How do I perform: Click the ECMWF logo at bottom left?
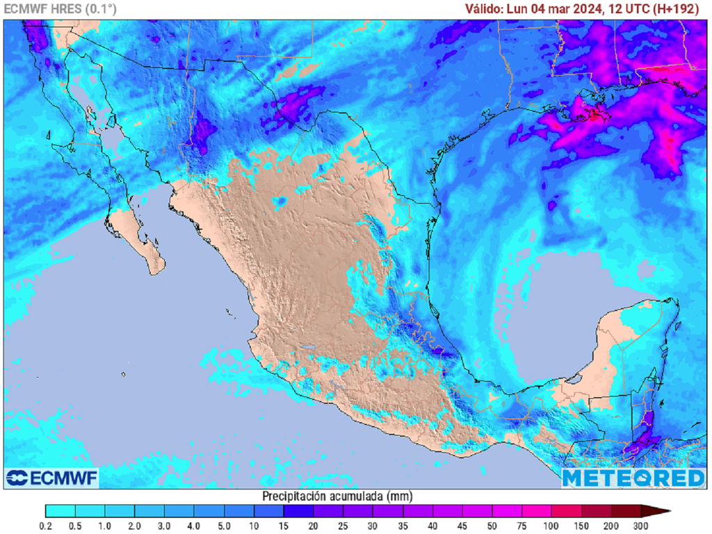[52, 478]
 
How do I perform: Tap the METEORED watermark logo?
[633, 478]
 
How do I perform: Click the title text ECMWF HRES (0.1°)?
[60, 9]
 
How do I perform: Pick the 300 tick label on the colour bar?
[640, 525]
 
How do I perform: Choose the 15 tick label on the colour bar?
[284, 525]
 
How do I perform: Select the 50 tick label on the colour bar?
[492, 525]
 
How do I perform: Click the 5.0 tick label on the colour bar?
[224, 525]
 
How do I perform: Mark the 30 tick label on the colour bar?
[373, 525]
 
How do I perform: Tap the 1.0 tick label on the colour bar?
[105, 525]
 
